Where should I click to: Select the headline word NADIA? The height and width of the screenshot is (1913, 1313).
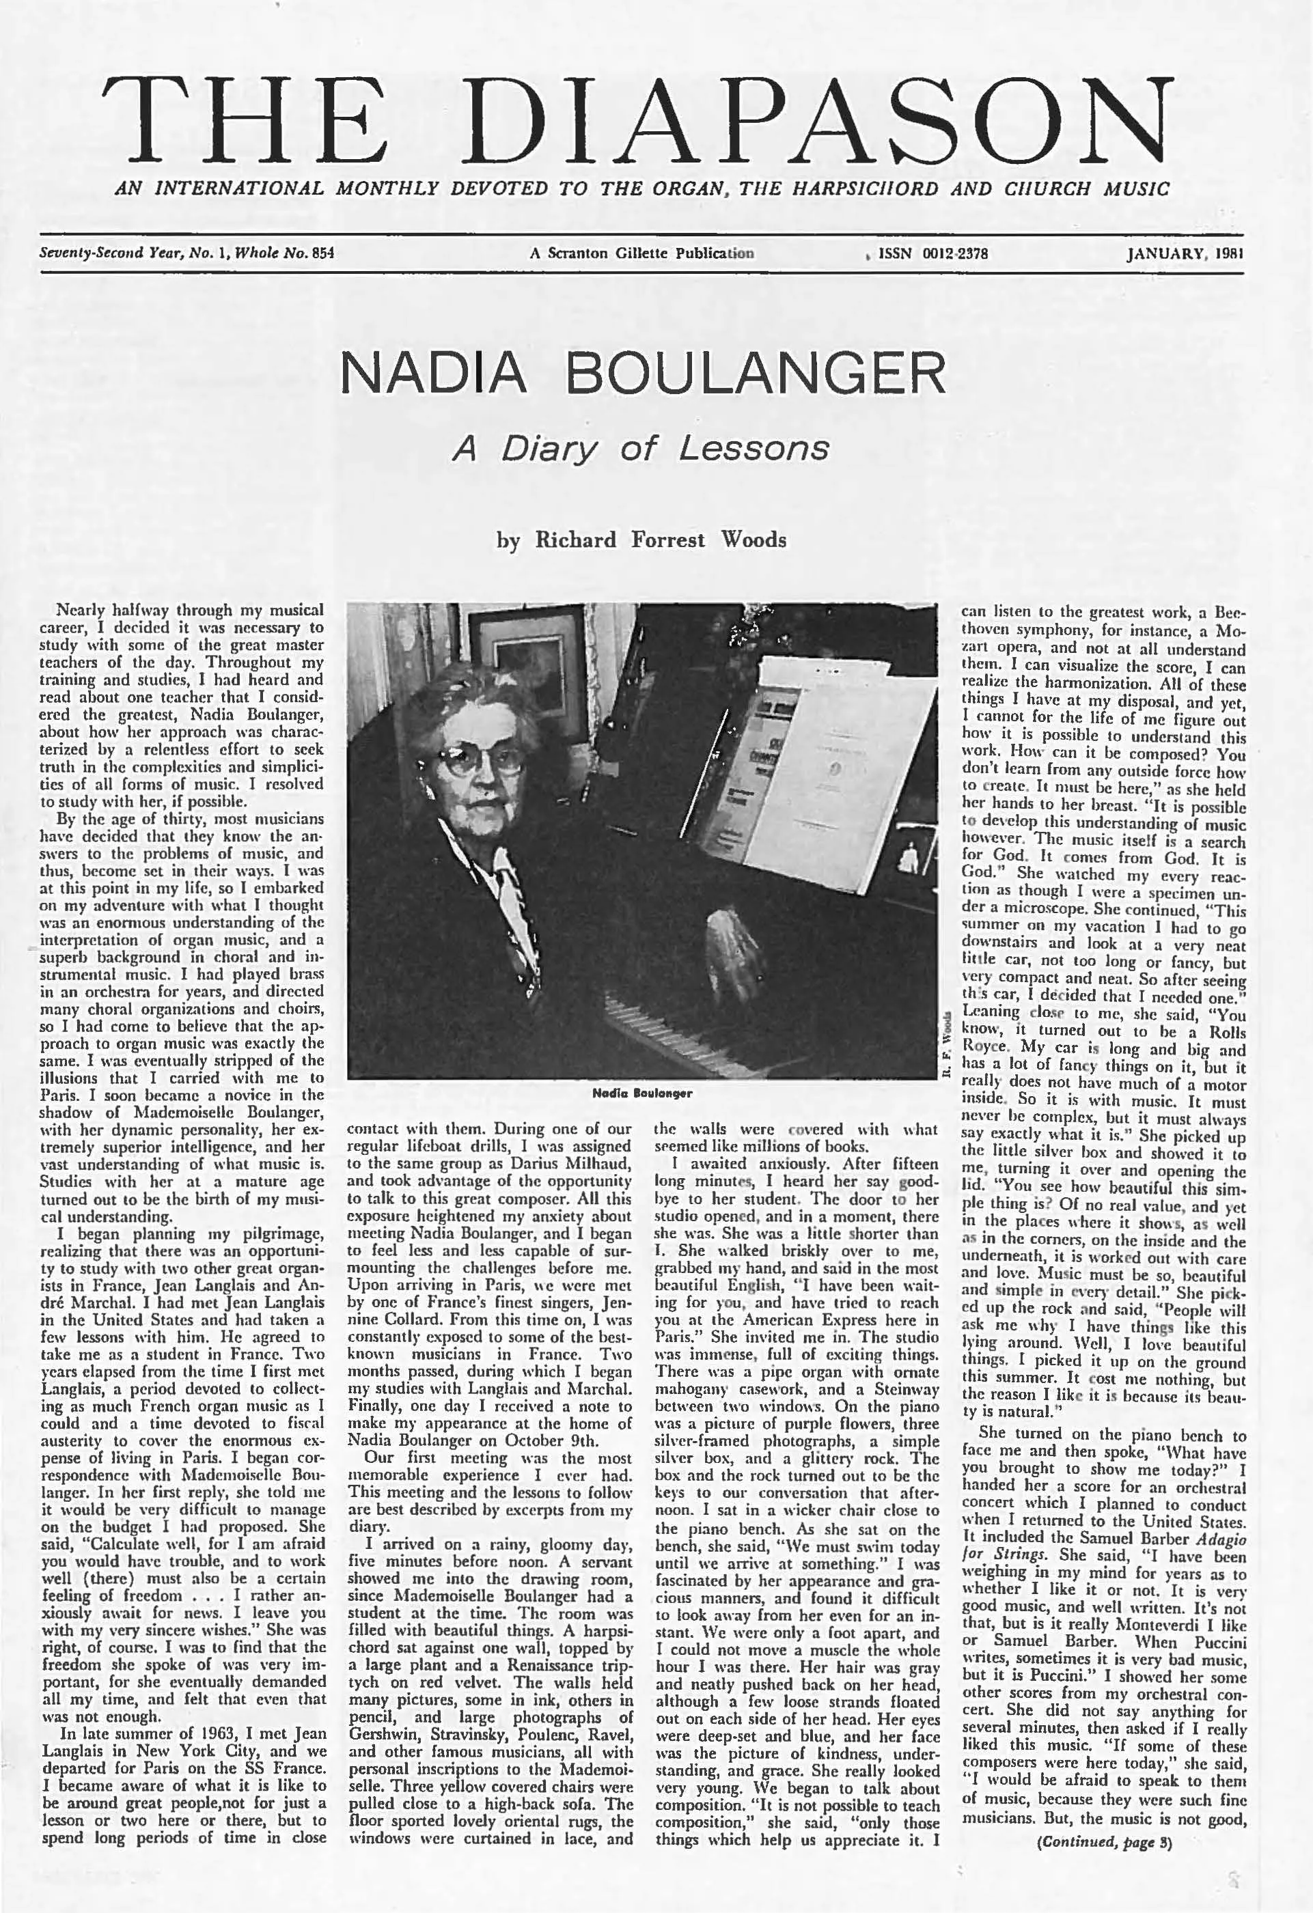[433, 373]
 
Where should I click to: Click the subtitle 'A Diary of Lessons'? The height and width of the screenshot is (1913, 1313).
[641, 449]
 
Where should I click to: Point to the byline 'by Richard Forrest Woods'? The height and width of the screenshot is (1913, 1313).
[641, 540]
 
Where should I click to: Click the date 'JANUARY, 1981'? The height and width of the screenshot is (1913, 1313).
[1185, 253]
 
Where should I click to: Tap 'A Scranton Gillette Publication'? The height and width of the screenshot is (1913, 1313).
[641, 253]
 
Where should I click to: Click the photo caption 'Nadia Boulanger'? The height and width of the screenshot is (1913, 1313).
[642, 1093]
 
